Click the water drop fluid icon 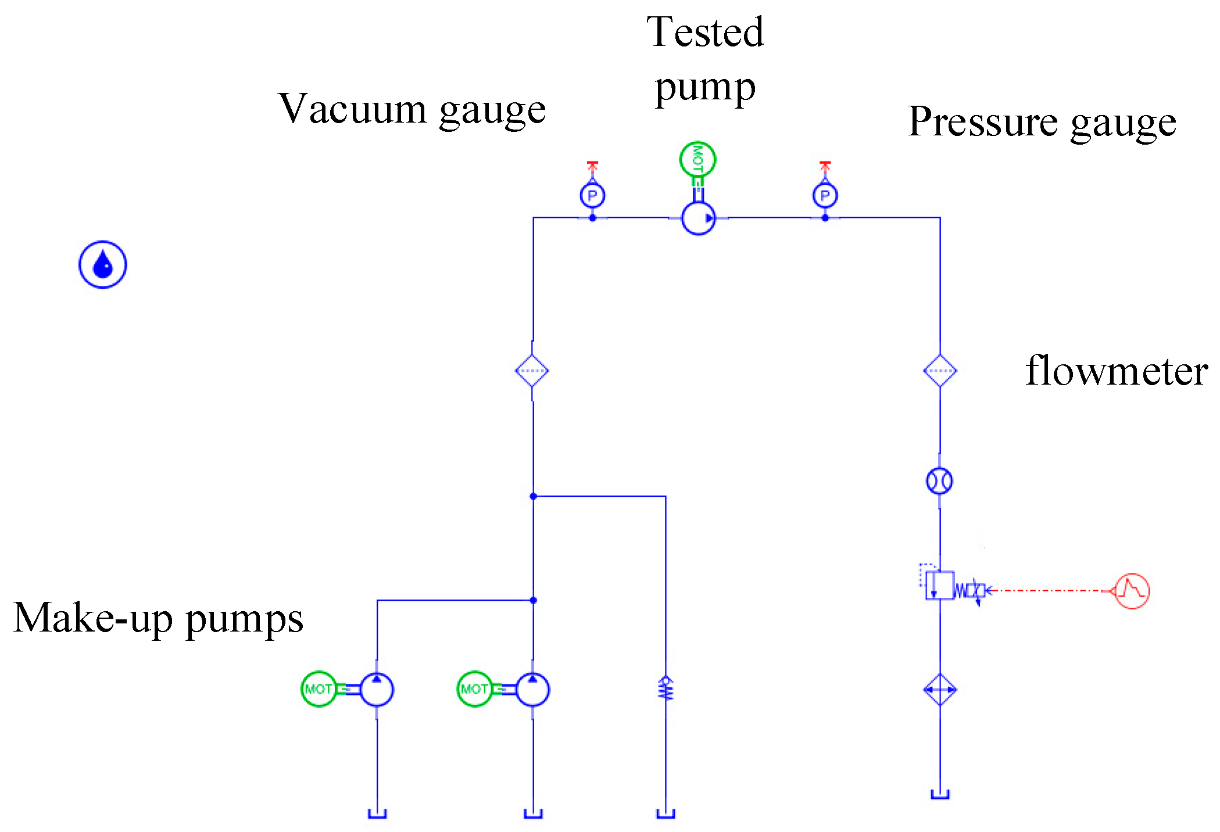coord(103,264)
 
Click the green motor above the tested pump coord(697,159)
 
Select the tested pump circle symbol coord(697,218)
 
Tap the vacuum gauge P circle coord(592,195)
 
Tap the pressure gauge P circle coord(825,195)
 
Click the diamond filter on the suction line coord(532,371)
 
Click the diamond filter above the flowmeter coord(940,371)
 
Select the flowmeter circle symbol coord(939,481)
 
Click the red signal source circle coord(1132,591)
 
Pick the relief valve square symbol coord(940,585)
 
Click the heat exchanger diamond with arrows coord(940,690)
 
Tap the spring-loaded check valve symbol coord(666,688)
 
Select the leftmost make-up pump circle coord(377,690)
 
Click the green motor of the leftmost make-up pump coord(319,689)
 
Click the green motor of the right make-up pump coord(474,689)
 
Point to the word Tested coord(705,33)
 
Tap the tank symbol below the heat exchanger coord(940,794)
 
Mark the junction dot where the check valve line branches coord(533,496)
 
